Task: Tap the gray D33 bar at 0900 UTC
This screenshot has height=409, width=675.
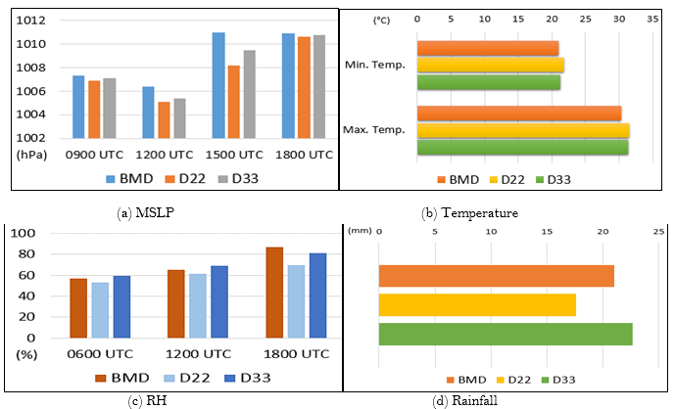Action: (x=110, y=110)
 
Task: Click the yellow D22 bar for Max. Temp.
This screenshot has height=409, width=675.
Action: (x=522, y=130)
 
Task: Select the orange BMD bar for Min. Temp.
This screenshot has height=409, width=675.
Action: (x=487, y=48)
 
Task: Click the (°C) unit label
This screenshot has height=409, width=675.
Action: (x=382, y=18)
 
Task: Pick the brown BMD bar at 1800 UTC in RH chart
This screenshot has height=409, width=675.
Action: (x=274, y=292)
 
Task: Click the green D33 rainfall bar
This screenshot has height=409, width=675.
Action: (x=506, y=334)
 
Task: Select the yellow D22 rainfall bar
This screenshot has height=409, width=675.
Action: (x=477, y=304)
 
